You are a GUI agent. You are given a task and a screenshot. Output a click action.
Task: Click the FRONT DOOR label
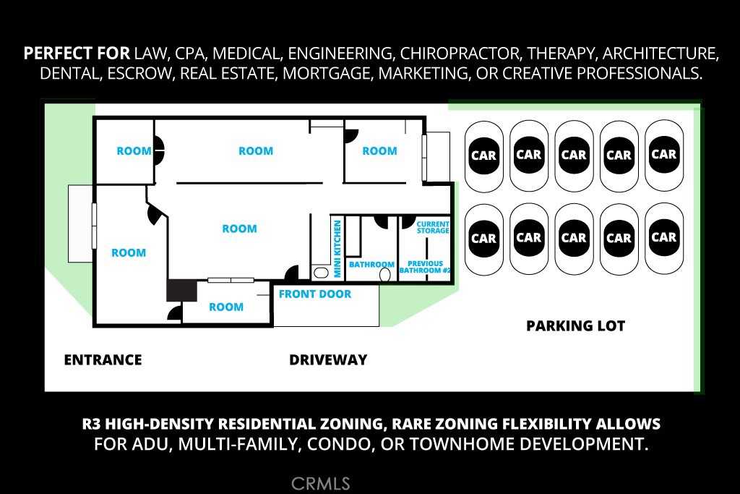pyautogui.click(x=315, y=294)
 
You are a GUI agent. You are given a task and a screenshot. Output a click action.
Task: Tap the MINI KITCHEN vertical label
pyautogui.click(x=337, y=250)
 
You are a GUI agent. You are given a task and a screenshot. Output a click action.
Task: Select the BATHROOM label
pyautogui.click(x=371, y=265)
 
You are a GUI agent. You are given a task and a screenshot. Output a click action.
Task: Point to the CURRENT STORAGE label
pyautogui.click(x=433, y=227)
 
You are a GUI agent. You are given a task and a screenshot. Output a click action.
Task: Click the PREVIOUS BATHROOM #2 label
pyautogui.click(x=425, y=267)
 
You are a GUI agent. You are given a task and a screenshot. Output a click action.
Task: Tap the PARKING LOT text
pyautogui.click(x=575, y=326)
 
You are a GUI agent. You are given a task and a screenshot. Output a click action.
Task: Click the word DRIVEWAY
pyautogui.click(x=328, y=360)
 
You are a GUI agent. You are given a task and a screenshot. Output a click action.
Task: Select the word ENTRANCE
pyautogui.click(x=103, y=360)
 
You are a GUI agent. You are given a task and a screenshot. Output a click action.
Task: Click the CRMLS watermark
pyautogui.click(x=320, y=484)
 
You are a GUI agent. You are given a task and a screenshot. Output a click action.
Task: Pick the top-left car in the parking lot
pyautogui.click(x=483, y=156)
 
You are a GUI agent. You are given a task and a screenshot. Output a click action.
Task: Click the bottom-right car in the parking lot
pyautogui.click(x=664, y=238)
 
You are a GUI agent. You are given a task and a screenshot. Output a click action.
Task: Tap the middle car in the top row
pyautogui.click(x=574, y=156)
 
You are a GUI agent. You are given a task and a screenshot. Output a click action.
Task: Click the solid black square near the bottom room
pyautogui.click(x=181, y=291)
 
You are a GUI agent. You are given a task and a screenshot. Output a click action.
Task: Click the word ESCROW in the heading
pyautogui.click(x=139, y=74)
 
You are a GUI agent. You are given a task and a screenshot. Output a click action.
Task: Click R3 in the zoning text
pyautogui.click(x=91, y=424)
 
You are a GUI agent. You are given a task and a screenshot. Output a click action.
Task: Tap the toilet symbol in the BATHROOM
pyautogui.click(x=384, y=274)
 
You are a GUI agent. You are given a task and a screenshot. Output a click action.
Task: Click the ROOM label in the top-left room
pyautogui.click(x=134, y=151)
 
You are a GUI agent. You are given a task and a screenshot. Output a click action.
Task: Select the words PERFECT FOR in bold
pyautogui.click(x=77, y=54)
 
